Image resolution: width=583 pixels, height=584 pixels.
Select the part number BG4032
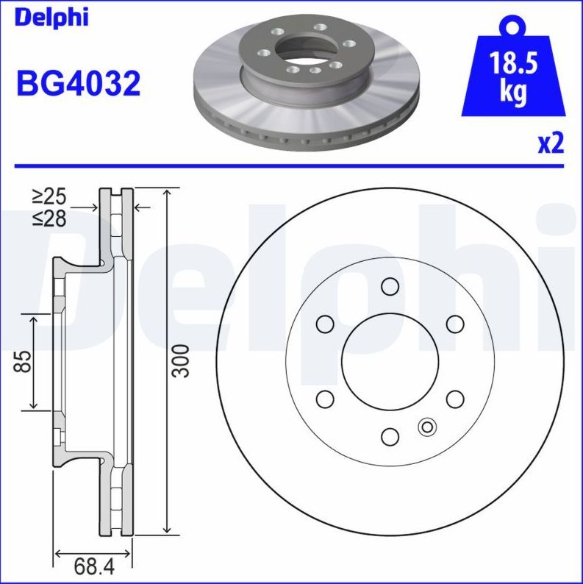[77, 85]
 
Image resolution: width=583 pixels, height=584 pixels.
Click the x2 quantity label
[550, 143]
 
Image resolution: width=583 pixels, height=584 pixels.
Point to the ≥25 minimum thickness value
[49, 196]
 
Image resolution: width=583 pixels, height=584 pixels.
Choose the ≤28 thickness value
[49, 218]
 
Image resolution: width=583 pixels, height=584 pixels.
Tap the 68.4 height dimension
[93, 566]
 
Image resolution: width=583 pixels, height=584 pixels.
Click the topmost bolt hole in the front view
[390, 286]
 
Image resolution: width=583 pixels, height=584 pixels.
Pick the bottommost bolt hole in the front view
[390, 437]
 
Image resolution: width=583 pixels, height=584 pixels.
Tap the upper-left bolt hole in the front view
[325, 324]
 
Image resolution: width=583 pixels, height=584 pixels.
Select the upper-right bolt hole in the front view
[456, 324]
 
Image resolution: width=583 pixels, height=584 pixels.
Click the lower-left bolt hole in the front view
[325, 399]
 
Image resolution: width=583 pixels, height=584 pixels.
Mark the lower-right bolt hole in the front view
[456, 399]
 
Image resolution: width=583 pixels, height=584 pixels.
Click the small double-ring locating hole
[426, 426]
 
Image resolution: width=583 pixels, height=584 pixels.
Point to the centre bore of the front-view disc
[390, 361]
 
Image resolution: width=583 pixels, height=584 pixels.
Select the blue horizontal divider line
[291, 166]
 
